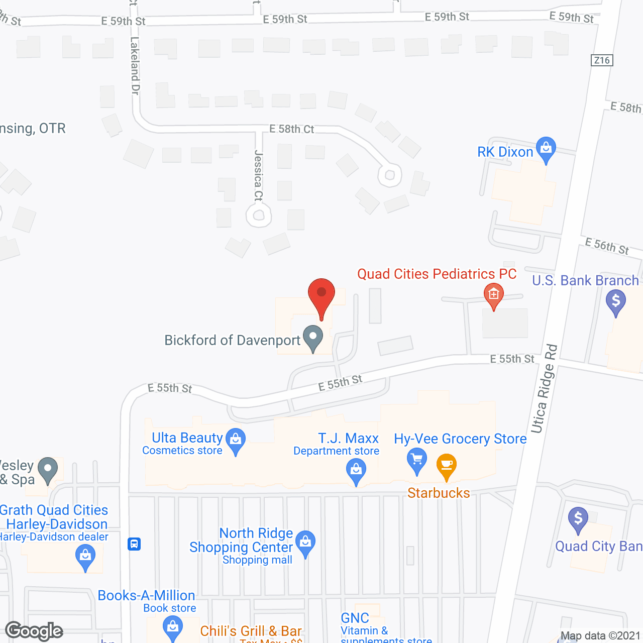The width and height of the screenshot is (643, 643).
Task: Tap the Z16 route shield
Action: (x=602, y=60)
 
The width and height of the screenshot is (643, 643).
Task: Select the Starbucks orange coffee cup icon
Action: (x=446, y=465)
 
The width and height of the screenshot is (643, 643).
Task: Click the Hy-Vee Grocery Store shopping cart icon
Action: (x=416, y=460)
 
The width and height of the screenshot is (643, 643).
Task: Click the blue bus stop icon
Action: (x=134, y=544)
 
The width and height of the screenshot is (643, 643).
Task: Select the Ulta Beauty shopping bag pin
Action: (x=236, y=441)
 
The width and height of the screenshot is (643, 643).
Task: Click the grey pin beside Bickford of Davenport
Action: (x=313, y=338)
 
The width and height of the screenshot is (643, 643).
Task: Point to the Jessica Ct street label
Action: (x=259, y=175)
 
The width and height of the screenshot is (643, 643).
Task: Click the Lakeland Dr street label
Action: (x=135, y=65)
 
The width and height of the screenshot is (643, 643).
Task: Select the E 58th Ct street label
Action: (x=291, y=129)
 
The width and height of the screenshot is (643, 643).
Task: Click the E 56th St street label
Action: (x=607, y=246)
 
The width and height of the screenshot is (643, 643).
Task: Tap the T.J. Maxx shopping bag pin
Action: (x=356, y=472)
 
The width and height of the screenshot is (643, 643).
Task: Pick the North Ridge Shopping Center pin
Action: (x=305, y=543)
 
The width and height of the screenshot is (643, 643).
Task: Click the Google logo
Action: (x=34, y=631)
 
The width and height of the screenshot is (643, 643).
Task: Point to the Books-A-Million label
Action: (x=146, y=595)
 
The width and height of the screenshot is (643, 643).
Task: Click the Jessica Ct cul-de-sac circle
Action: (x=259, y=216)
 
